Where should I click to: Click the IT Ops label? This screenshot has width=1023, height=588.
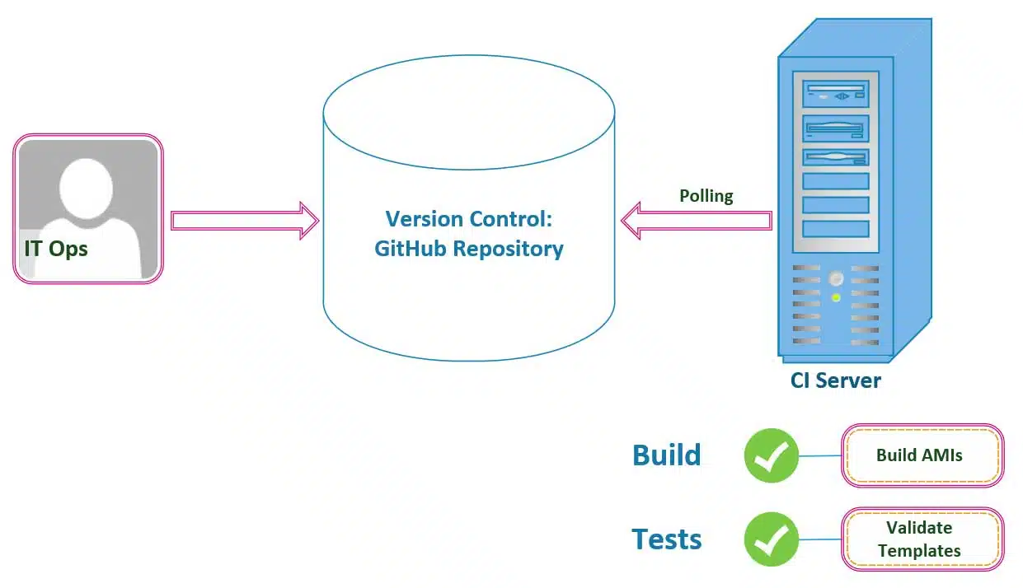56,248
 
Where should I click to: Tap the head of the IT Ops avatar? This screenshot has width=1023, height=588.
86,189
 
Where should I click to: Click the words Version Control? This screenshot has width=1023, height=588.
468,219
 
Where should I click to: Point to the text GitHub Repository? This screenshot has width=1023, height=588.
468,249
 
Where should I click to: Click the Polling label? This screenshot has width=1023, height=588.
706,196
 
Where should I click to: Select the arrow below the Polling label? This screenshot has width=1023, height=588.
697,221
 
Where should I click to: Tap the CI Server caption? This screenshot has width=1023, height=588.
835,380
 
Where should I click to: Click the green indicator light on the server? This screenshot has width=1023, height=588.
836,297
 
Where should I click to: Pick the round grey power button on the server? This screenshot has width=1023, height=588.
836,278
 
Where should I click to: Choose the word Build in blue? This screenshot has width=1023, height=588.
666,455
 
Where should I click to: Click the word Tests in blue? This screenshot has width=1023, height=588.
666,539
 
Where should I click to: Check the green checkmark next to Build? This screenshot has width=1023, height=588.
772,455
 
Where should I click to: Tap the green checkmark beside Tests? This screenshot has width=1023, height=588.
772,539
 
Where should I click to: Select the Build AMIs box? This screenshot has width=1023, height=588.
922,455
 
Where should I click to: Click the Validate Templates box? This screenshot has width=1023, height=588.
922,539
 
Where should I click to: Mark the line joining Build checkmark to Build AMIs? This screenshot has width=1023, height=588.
819,455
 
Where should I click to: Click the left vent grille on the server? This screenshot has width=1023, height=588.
806,305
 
